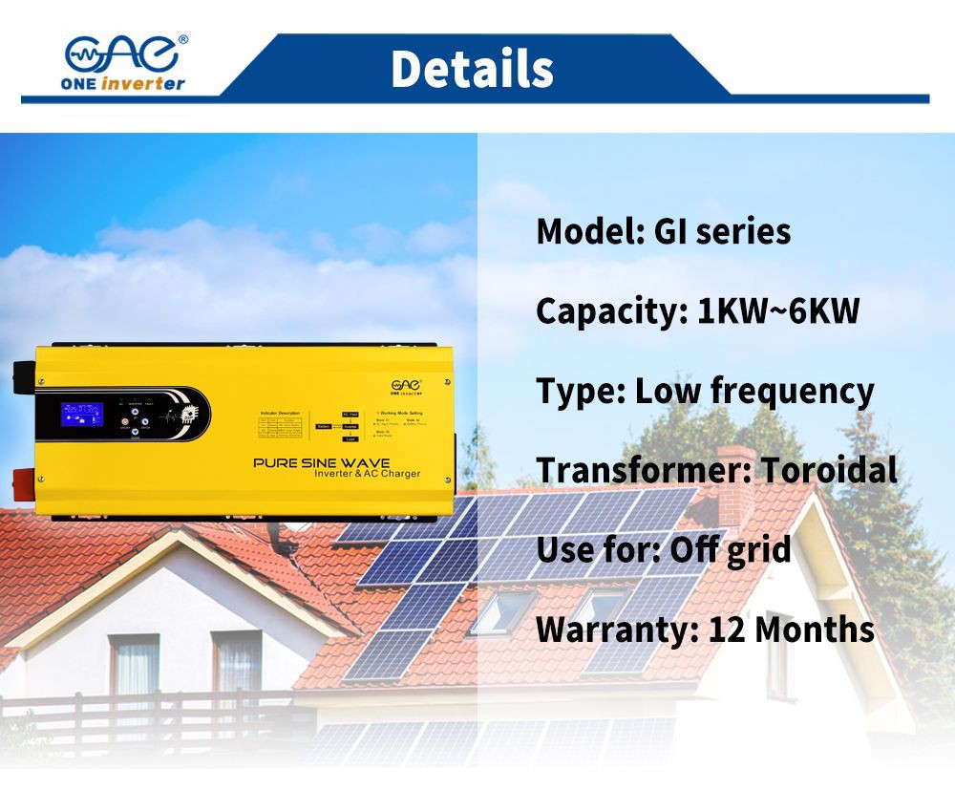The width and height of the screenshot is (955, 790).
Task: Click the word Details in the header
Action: [x=472, y=69]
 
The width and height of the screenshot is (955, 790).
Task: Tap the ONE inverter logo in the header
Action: [x=125, y=63]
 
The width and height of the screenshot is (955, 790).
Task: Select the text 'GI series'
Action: [x=722, y=232]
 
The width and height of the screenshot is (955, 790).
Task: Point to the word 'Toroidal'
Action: [x=828, y=470]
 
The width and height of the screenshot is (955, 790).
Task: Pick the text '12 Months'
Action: [x=791, y=630]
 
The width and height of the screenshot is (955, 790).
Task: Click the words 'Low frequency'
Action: [x=753, y=392]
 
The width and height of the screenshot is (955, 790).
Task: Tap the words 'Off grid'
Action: [x=730, y=550]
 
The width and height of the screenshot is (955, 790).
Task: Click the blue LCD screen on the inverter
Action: [x=82, y=414]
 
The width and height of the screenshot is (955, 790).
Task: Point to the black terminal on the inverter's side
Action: [x=22, y=374]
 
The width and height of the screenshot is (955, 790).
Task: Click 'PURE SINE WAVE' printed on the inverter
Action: [x=321, y=463]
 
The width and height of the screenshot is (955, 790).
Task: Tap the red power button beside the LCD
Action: [x=135, y=432]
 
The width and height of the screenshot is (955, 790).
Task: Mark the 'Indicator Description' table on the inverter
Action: [x=279, y=427]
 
